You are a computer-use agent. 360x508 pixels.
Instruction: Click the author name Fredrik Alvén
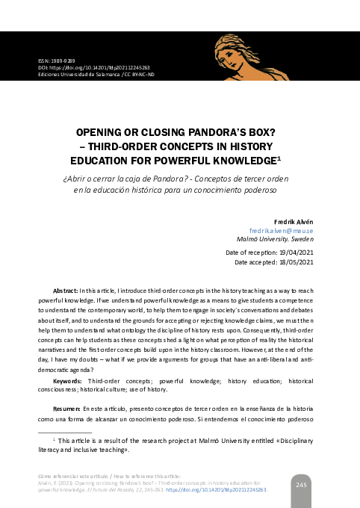click(294, 222)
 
